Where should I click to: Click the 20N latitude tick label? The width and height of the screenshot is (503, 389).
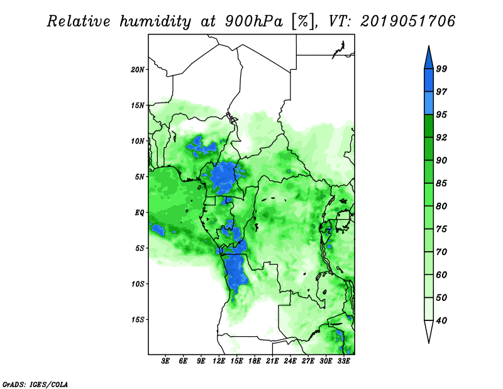click(138, 69)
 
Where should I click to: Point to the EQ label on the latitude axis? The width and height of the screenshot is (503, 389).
click(139, 212)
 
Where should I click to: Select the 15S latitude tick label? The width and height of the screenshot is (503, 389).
click(138, 320)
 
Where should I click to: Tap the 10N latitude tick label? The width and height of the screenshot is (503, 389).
click(138, 141)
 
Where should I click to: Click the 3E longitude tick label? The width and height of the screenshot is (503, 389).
click(165, 361)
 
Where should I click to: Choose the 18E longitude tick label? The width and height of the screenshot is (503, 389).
click(255, 361)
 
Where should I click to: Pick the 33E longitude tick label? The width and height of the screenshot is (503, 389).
click(343, 361)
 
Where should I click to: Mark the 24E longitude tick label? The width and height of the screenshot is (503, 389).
click(290, 361)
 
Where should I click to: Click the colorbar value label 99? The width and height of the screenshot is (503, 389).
click(441, 69)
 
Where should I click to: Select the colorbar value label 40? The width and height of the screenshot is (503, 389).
click(441, 320)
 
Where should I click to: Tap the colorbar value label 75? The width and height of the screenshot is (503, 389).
click(441, 228)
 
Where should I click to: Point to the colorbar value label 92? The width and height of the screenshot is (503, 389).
click(441, 137)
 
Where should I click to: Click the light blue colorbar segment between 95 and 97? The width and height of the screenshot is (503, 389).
click(429, 103)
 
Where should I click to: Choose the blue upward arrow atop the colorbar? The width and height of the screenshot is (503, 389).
click(429, 57)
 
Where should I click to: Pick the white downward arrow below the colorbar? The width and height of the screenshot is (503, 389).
click(429, 332)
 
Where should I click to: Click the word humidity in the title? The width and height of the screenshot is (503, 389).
click(155, 21)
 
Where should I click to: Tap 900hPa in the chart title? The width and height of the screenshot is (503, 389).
click(254, 21)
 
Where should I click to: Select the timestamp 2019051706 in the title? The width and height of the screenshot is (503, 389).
click(407, 21)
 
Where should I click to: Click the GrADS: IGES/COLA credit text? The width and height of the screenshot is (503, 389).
click(35, 385)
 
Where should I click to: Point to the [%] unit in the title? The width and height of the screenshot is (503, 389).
click(303, 21)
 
